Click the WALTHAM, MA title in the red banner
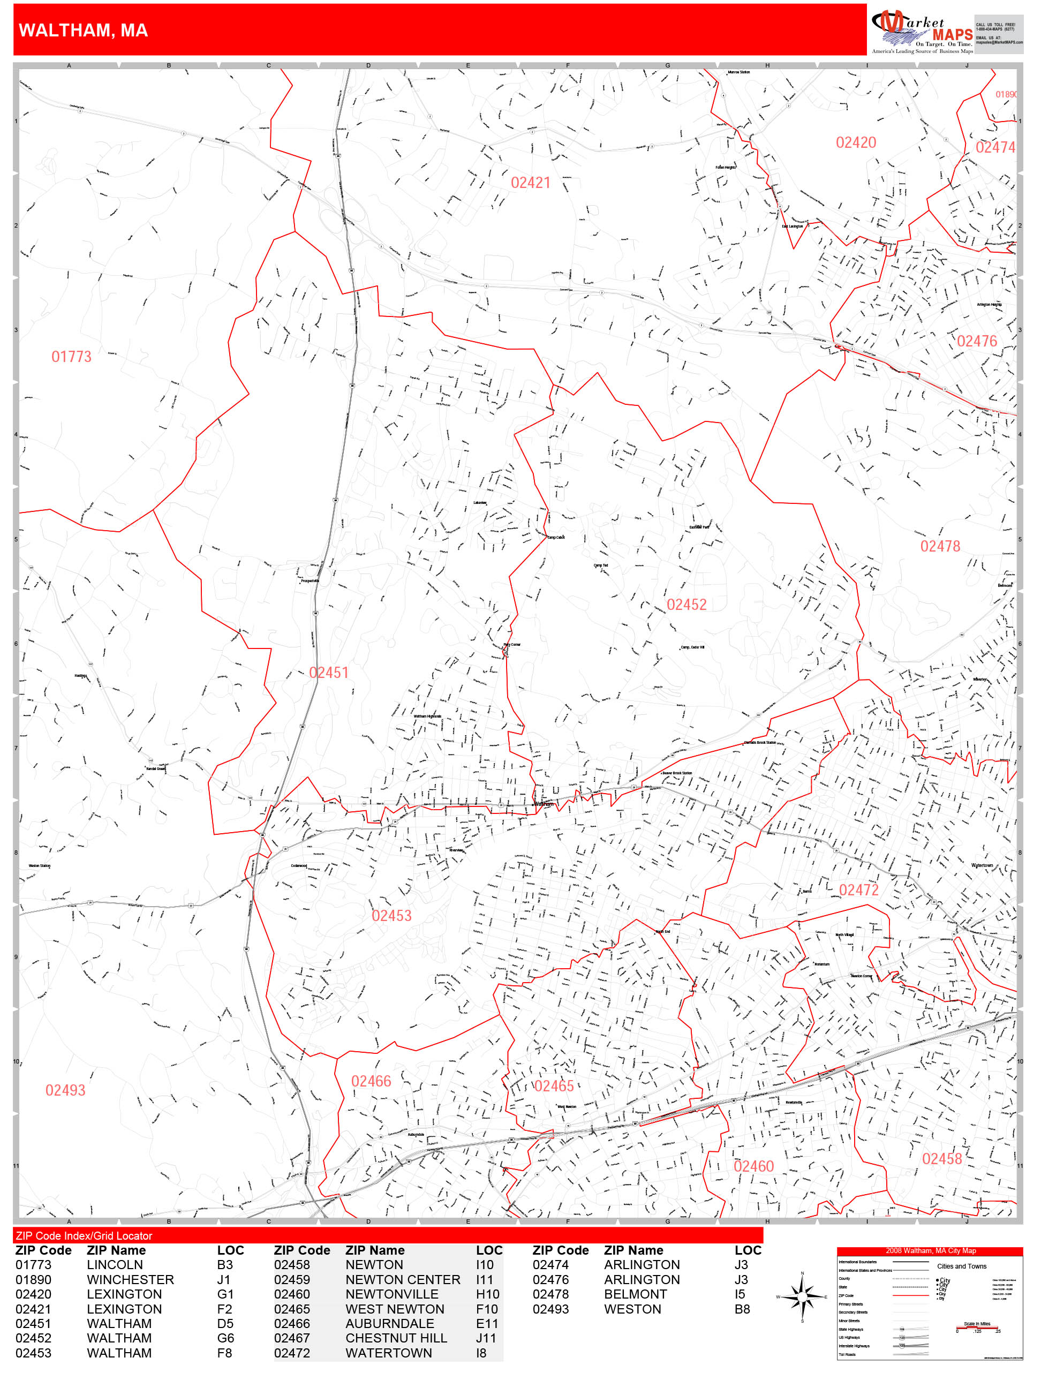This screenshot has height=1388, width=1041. (x=84, y=30)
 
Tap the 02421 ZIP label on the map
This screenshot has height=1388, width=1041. (x=530, y=183)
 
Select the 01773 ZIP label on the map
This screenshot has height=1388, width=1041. (x=71, y=357)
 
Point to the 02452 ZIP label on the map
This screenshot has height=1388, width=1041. (x=687, y=604)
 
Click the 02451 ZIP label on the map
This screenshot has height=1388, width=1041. (x=328, y=673)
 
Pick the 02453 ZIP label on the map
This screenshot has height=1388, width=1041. (x=391, y=916)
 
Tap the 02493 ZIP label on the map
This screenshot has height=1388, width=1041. (x=65, y=1090)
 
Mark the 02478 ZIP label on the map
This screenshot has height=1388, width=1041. (x=940, y=546)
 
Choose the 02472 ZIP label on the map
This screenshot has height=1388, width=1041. (x=858, y=890)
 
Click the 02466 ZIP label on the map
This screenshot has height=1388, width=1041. (x=371, y=1081)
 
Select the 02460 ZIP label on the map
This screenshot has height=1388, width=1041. (x=753, y=1166)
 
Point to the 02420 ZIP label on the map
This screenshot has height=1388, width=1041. (x=856, y=142)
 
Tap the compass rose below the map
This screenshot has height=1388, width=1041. (x=802, y=1296)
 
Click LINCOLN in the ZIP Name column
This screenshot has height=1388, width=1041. (x=115, y=1265)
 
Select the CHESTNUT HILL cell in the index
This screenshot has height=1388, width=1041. (x=396, y=1338)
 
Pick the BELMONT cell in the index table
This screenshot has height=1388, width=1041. (x=635, y=1294)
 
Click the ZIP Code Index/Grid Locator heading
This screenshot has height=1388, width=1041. (x=84, y=1235)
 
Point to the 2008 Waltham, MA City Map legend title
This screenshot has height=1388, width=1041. (x=930, y=1250)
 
